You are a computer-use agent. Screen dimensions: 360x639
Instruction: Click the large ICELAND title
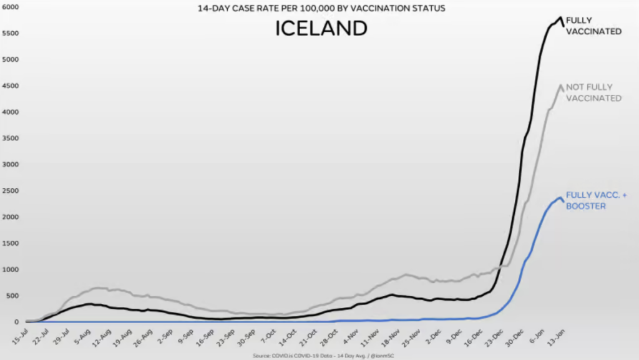321,28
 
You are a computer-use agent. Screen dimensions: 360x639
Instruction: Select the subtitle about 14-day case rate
321,9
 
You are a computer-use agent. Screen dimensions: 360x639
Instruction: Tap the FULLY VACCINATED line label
593,26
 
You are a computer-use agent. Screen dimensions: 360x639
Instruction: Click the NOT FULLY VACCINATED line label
593,92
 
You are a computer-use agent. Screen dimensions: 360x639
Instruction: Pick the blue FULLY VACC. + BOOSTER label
596,200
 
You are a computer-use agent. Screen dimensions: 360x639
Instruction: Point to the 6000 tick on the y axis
9,7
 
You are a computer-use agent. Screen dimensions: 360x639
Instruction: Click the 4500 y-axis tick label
9,86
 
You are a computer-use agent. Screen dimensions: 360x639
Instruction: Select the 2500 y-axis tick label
9,191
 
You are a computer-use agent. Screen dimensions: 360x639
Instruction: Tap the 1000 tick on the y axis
9,270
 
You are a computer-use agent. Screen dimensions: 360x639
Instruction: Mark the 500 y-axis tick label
11,296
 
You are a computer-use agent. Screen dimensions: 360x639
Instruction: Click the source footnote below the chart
319,356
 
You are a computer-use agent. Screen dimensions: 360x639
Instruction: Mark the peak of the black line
560,17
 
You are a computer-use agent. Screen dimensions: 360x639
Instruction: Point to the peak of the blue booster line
560,198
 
